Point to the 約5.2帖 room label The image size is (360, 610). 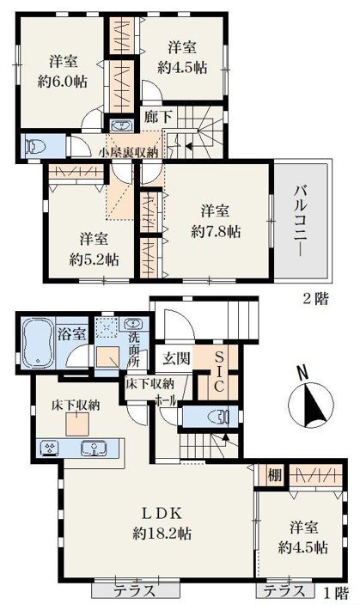click(x=94, y=259)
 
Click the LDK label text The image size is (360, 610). click(x=162, y=513)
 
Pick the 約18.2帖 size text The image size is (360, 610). click(x=162, y=533)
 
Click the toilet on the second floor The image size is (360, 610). click(x=35, y=146)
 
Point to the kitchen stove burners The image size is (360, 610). click(x=50, y=448)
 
